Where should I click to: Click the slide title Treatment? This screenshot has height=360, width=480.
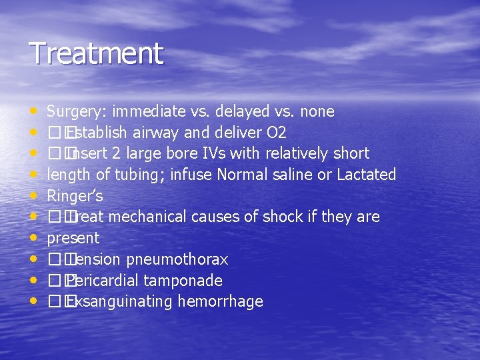click(x=96, y=53)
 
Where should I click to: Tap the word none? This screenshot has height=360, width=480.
click(x=317, y=111)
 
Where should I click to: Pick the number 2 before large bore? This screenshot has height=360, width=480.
click(x=116, y=153)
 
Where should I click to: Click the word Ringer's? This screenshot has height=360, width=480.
click(x=73, y=196)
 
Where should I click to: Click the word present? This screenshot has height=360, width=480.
click(x=73, y=239)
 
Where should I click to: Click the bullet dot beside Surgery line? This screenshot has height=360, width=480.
click(x=34, y=111)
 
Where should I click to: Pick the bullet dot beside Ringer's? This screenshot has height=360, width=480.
click(x=34, y=196)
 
